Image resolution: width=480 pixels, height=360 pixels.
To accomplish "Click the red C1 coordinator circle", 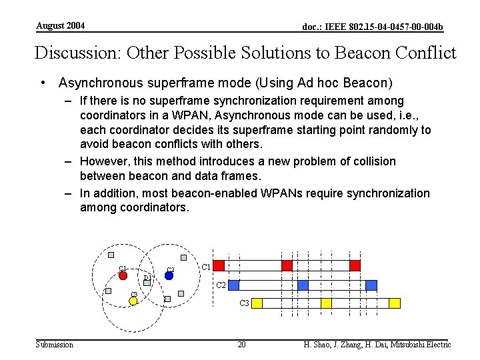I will [123, 275].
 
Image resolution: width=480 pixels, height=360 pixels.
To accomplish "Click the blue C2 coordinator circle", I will [169, 275].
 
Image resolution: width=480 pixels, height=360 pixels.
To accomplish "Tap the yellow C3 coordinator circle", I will [133, 301].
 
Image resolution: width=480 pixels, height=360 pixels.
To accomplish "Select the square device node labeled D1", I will [147, 283].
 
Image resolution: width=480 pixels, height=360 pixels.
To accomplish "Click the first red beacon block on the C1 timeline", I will [217, 265].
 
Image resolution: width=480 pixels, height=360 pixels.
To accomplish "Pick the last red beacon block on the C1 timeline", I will [355, 265].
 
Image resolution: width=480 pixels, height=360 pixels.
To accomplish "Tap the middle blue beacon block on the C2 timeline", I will [303, 285].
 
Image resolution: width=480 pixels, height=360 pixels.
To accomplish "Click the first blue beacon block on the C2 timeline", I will [233, 285].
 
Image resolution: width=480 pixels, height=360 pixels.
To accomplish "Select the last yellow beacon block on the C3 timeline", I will [394, 303].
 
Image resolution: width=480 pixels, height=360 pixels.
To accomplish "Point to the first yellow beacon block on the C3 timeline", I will [257, 303].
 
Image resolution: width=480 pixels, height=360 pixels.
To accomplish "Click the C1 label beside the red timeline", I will [207, 267].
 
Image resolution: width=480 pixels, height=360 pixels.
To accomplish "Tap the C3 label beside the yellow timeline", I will [245, 303].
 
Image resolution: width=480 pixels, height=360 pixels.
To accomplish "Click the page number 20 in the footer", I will [241, 345].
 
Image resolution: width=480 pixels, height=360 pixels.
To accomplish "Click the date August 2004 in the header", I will [60, 26].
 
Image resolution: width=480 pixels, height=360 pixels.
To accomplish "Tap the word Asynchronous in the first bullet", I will [101, 83].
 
